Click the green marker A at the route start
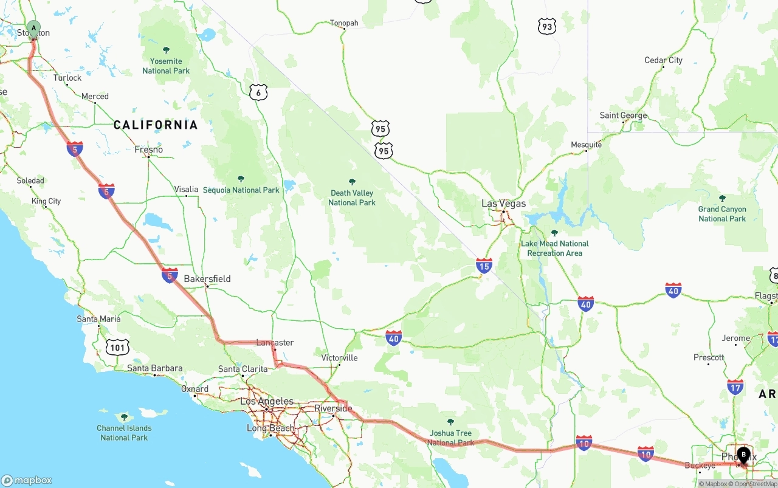pyautogui.click(x=33, y=28)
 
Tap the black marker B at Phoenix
pyautogui.click(x=743, y=455)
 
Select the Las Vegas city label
pyautogui.click(x=503, y=204)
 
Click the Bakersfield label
pyautogui.click(x=207, y=279)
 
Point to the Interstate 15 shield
pyautogui.click(x=484, y=266)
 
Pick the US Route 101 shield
pyautogui.click(x=117, y=348)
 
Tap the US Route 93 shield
pyautogui.click(x=546, y=26)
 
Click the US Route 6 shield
pyautogui.click(x=258, y=92)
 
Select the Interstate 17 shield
pyautogui.click(x=735, y=387)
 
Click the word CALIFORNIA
pyautogui.click(x=156, y=125)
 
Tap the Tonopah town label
pyautogui.click(x=344, y=23)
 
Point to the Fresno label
pyautogui.click(x=149, y=149)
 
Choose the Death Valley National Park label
pyautogui.click(x=352, y=198)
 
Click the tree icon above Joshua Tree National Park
pyautogui.click(x=450, y=422)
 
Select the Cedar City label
pyautogui.click(x=663, y=60)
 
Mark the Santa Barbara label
pyautogui.click(x=154, y=368)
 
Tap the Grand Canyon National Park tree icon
pyautogui.click(x=722, y=198)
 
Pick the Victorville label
pyautogui.click(x=339, y=358)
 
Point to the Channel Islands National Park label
pyautogui.click(x=124, y=433)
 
